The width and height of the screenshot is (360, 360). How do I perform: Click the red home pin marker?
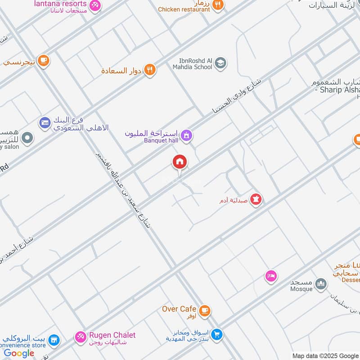click(180, 162)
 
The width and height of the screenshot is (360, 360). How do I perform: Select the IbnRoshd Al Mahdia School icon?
click(220, 63)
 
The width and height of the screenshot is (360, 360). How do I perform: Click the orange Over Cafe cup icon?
click(204, 310)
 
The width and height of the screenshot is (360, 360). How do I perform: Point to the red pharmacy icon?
click(256, 199)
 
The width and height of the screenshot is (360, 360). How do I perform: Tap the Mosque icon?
click(320, 284)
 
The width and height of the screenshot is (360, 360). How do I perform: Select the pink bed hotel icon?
click(271, 276)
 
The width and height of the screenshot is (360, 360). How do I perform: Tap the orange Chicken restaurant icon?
click(218, 5)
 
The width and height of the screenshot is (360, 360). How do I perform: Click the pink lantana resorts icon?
click(95, 5)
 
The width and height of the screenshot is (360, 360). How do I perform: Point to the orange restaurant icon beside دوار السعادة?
click(150, 70)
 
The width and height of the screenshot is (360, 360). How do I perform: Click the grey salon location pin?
click(27, 138)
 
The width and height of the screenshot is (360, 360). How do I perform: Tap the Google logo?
click(19, 353)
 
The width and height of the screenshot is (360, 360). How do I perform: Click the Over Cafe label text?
click(179, 309)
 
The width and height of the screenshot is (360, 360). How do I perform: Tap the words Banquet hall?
click(161, 140)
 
